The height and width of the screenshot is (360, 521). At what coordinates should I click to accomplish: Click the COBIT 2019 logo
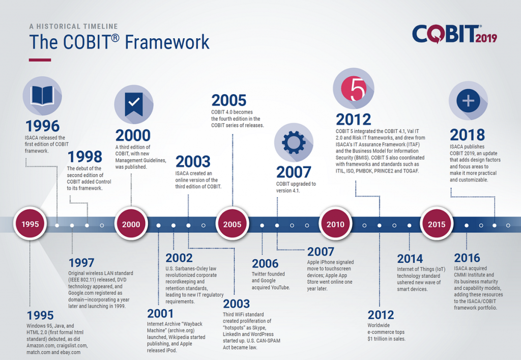click(x=454, y=34)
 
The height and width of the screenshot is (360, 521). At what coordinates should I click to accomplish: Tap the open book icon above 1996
click(x=42, y=96)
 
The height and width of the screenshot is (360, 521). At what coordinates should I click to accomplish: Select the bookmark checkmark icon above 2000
click(x=134, y=104)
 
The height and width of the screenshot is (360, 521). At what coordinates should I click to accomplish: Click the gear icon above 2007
click(x=294, y=142)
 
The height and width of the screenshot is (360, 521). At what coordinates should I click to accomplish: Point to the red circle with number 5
click(x=354, y=89)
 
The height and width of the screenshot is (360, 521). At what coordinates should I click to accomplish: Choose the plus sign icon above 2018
click(x=468, y=100)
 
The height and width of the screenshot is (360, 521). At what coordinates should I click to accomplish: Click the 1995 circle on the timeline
click(x=30, y=224)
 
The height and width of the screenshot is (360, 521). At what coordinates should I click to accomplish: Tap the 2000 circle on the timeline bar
click(x=131, y=224)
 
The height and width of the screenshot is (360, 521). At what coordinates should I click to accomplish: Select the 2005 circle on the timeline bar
click(x=232, y=224)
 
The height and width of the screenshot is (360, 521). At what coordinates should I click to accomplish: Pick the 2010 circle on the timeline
click(x=335, y=224)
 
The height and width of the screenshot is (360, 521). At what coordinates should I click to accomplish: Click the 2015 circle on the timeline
click(x=437, y=224)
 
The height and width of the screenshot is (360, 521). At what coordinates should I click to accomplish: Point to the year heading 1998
click(x=85, y=156)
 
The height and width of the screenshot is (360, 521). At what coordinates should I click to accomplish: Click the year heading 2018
click(x=467, y=134)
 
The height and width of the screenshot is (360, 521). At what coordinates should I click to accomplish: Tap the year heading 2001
click(x=160, y=314)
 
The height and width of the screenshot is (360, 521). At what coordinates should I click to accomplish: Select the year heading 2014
click(x=410, y=259)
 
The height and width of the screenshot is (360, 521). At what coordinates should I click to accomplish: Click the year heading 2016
click(x=467, y=258)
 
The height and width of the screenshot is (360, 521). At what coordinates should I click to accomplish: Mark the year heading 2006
click(x=265, y=264)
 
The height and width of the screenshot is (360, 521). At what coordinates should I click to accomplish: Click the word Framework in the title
click(x=167, y=42)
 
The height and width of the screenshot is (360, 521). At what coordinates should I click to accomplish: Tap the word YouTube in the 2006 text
click(x=280, y=288)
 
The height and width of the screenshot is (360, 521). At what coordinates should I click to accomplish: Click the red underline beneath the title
click(x=40, y=60)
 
